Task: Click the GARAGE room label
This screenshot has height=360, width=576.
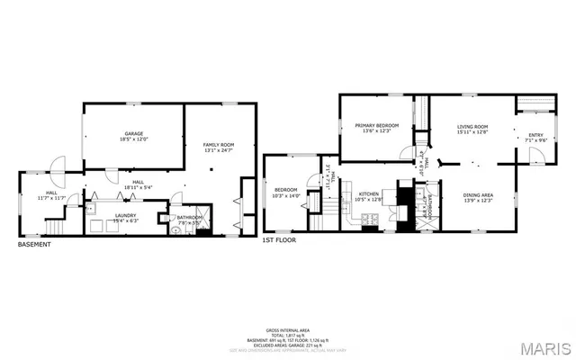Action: pos(132,133)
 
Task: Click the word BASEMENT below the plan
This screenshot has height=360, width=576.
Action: pos(34,245)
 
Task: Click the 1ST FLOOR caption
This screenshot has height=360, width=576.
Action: pos(279,241)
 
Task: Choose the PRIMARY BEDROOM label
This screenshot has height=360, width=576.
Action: pos(376,125)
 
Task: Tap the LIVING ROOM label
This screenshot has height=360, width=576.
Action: pos(472,126)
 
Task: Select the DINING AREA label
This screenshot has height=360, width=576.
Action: pos(477,195)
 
